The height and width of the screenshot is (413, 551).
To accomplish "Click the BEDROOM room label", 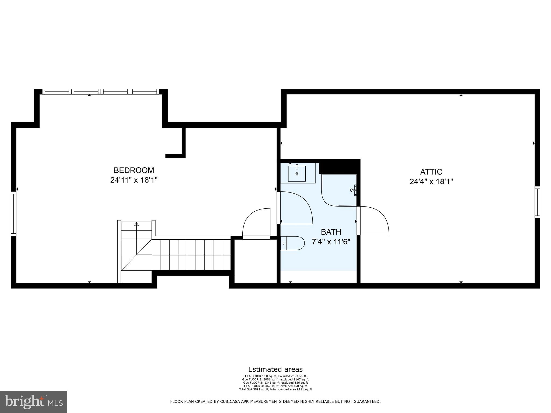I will [134, 170].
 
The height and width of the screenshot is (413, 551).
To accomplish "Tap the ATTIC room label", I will [431, 172].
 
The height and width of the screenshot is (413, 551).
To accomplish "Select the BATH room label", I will [331, 232].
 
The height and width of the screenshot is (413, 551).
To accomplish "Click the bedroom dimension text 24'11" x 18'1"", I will [134, 180].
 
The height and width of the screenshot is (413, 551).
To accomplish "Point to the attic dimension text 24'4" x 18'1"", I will [431, 182].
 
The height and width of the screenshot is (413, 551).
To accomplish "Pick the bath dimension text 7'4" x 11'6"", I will [331, 242].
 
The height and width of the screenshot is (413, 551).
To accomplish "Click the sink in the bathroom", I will [297, 174].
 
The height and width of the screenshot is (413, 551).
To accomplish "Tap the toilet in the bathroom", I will [293, 243].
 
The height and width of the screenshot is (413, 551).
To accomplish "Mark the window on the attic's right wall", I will [537, 202].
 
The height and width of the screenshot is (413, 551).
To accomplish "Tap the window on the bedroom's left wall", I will [13, 214].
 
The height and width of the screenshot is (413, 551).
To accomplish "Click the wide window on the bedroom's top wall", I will [101, 92].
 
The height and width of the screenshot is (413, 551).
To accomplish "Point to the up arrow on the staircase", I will [136, 224].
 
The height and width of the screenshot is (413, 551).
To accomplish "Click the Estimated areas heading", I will [275, 369].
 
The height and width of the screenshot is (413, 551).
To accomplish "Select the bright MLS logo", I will [34, 402].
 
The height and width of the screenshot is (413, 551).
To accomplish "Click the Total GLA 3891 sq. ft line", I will [275, 389].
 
